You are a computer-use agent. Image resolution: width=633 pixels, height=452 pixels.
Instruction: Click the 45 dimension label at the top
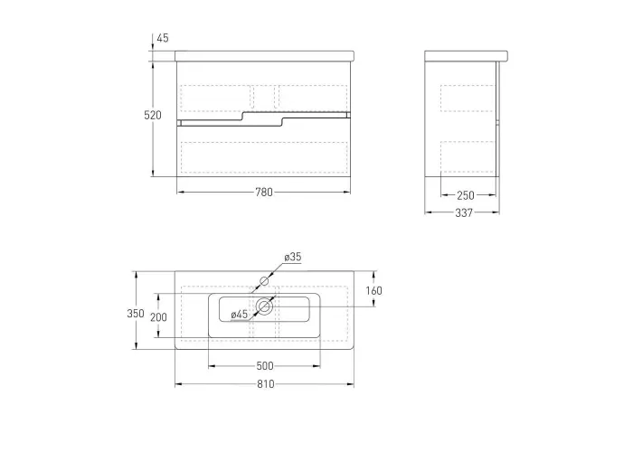point(163,38)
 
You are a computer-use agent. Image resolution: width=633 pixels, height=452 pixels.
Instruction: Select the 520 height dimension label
point(153,116)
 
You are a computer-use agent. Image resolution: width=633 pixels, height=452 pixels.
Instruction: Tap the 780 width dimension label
point(264,193)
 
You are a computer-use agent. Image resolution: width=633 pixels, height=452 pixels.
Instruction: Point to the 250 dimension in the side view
point(466,195)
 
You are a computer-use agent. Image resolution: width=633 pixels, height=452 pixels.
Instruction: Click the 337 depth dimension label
point(464,212)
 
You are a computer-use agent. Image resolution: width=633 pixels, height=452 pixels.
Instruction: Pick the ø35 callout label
point(293,257)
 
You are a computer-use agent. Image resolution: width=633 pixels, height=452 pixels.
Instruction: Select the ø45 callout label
point(240,315)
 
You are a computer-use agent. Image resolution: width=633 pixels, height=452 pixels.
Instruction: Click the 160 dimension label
point(373,290)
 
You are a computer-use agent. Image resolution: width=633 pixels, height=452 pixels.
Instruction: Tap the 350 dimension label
point(136,314)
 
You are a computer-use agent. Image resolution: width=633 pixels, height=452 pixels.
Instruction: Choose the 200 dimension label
point(158,317)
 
